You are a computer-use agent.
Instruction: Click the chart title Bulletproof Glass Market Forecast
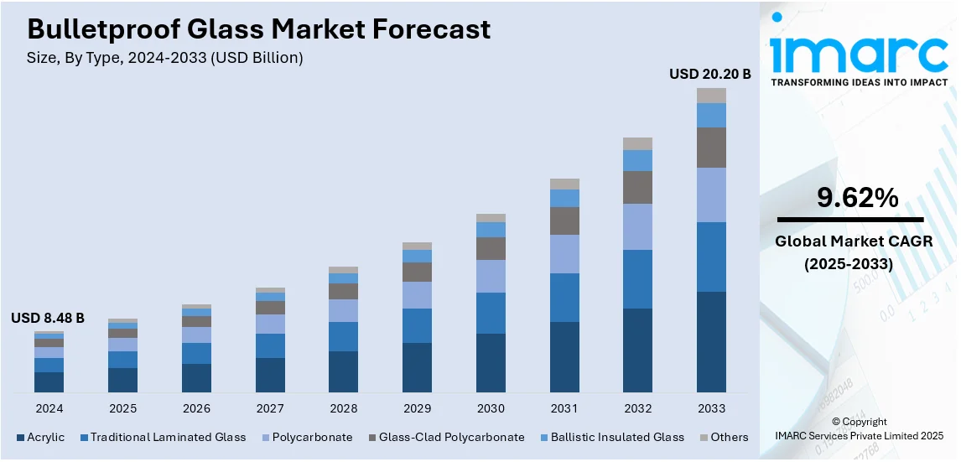[258, 29]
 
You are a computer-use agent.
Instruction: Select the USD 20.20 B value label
[709, 74]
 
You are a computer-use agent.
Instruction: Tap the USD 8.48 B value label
[48, 318]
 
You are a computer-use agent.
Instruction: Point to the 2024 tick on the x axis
[49, 408]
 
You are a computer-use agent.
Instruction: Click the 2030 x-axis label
[491, 408]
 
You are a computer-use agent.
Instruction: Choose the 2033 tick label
[711, 408]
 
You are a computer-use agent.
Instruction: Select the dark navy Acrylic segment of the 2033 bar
[711, 341]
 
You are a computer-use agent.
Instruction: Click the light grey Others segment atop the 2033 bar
[711, 96]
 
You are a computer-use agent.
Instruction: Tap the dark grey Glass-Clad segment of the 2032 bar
[637, 187]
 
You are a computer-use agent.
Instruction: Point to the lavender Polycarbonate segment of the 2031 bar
[564, 253]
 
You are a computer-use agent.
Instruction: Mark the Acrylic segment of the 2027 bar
[270, 375]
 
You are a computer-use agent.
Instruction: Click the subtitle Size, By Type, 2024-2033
[165, 58]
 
